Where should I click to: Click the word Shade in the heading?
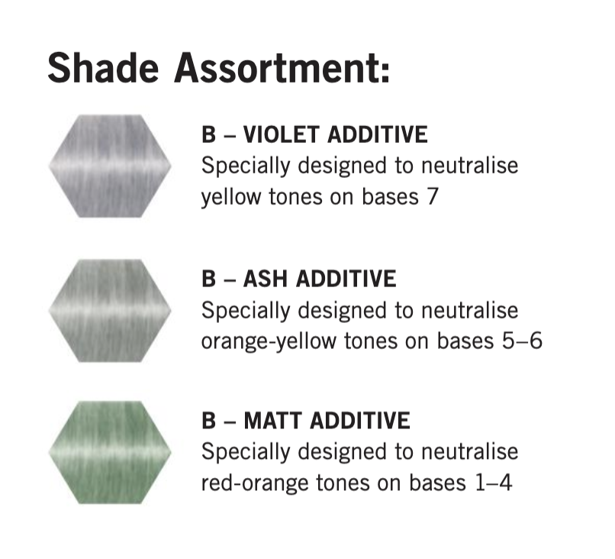click(x=103, y=67)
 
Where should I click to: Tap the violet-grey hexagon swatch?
click(x=110, y=166)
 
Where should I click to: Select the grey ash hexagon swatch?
click(x=110, y=311)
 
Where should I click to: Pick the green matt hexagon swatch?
click(x=110, y=452)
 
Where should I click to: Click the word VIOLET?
click(x=282, y=134)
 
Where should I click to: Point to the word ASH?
click(x=266, y=279)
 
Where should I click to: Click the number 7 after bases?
click(x=432, y=197)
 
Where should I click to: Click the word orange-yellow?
click(x=269, y=342)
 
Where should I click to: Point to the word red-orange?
click(x=255, y=484)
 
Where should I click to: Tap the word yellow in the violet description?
click(x=231, y=198)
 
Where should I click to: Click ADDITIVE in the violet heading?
click(x=377, y=134)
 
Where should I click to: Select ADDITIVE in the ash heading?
click(x=346, y=279)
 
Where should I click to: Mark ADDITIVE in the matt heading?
click(x=359, y=421)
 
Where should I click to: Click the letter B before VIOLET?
click(x=208, y=134)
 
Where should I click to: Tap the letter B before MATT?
click(x=208, y=421)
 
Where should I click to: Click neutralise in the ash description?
click(x=470, y=310)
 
